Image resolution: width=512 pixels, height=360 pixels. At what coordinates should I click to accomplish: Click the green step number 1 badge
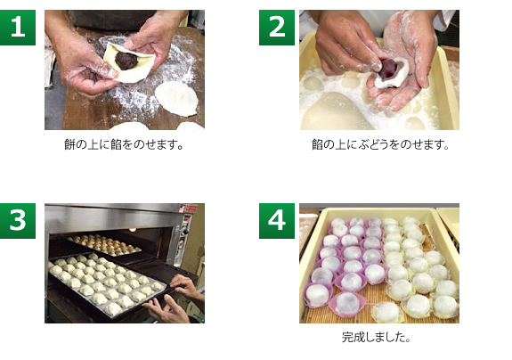click(x=18, y=28)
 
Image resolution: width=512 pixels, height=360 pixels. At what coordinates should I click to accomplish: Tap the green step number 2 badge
click(x=277, y=28)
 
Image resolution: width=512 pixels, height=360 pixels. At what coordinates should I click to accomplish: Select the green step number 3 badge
click(x=18, y=221)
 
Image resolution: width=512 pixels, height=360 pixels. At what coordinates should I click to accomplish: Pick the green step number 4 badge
click(x=277, y=221)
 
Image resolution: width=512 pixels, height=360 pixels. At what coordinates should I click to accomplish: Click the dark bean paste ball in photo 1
click(x=126, y=61)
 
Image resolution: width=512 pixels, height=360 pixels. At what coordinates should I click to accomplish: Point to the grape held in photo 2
click(x=388, y=69)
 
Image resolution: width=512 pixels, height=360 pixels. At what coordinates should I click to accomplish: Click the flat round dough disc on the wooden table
click(x=176, y=99)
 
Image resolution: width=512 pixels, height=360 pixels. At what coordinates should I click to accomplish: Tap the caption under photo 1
click(x=124, y=144)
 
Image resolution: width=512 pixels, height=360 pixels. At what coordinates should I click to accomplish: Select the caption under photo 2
click(x=380, y=144)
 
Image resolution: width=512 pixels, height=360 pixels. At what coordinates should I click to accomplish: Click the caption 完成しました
click(x=376, y=337)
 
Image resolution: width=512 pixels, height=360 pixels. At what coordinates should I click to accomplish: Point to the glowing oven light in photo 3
click(x=133, y=230)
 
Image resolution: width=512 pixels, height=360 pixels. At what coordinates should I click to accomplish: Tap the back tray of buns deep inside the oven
click(x=104, y=245)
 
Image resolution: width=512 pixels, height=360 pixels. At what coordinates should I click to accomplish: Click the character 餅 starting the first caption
click(x=69, y=144)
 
